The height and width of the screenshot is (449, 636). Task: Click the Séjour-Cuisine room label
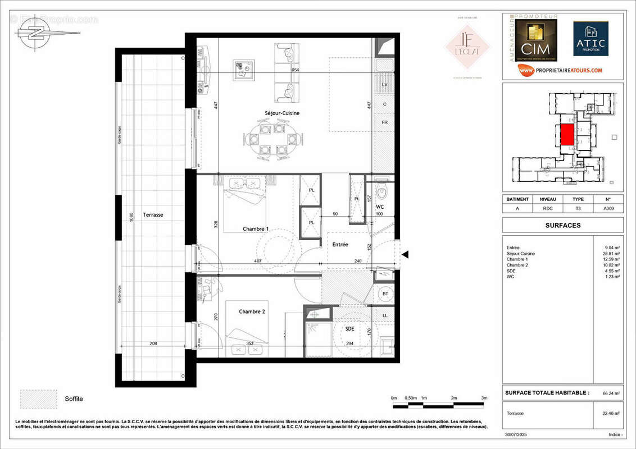click(282, 113)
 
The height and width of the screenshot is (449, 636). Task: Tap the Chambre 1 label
click(256, 229)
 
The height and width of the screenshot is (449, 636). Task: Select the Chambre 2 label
click(252, 311)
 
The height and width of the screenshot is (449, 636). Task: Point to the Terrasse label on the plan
click(153, 214)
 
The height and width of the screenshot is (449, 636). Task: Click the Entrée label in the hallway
click(340, 245)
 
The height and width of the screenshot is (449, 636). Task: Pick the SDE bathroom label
click(350, 329)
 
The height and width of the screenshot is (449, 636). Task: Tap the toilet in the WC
click(382, 191)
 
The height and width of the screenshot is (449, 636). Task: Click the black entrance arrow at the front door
click(405, 255)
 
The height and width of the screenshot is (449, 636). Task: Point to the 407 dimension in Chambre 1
click(257, 260)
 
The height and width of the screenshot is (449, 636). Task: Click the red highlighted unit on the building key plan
click(567, 135)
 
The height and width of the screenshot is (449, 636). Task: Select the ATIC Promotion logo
click(590, 39)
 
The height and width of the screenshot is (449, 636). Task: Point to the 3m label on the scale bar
click(484, 398)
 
